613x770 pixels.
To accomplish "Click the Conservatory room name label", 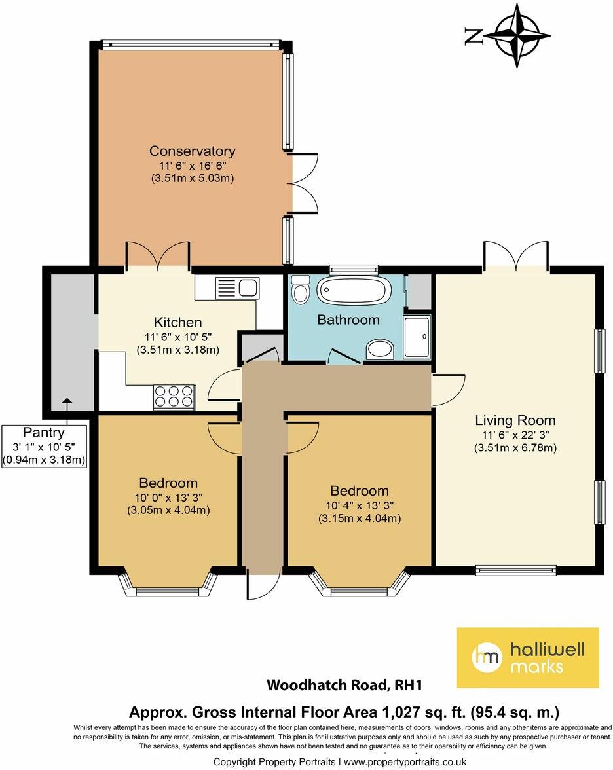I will [192, 151].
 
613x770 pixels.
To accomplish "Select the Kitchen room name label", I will [177, 322].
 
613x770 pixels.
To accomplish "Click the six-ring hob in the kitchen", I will [174, 397].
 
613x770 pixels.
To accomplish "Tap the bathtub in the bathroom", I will [354, 289].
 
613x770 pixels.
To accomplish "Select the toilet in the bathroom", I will [301, 289].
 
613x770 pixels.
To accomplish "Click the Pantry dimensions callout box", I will [45, 445].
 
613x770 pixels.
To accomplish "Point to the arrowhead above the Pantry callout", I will [67, 401].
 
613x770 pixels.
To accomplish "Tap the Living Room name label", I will [515, 420].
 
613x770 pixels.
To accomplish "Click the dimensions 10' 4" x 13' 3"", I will [359, 505].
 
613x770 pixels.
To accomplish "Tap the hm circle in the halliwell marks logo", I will [487, 657].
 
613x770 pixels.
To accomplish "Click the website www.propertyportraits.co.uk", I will [404, 761].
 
